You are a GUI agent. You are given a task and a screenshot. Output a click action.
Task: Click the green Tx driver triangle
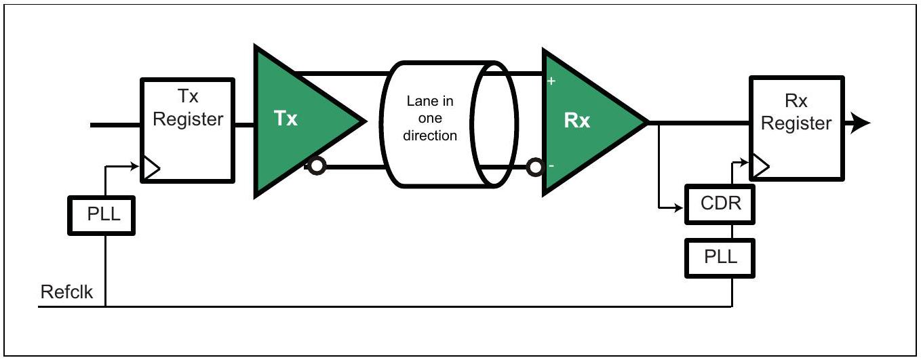pyautogui.click(x=296, y=121)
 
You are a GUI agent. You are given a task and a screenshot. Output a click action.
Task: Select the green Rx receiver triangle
pyautogui.click(x=584, y=122)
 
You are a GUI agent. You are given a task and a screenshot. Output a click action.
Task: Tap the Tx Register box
pyautogui.click(x=188, y=130)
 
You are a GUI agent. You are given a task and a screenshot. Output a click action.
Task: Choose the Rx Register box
pyautogui.click(x=797, y=128)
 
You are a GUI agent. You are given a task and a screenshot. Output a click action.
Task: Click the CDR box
pyautogui.click(x=720, y=204)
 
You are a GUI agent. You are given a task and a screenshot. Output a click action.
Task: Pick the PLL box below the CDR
pyautogui.click(x=720, y=258)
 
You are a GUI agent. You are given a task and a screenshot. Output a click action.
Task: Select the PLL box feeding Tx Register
pyautogui.click(x=102, y=216)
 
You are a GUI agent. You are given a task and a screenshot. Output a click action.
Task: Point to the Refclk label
pyautogui.click(x=66, y=292)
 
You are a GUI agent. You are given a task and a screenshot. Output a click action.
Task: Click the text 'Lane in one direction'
pyautogui.click(x=430, y=119)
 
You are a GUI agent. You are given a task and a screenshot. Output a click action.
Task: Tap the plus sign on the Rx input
pyautogui.click(x=551, y=81)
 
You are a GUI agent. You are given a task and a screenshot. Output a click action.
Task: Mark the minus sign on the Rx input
pyautogui.click(x=551, y=165)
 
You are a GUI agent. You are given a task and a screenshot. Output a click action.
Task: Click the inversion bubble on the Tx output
pyautogui.click(x=317, y=166)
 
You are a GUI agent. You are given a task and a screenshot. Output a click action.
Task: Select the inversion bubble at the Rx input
pyautogui.click(x=535, y=167)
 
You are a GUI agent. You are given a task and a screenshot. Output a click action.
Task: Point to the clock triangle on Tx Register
pyautogui.click(x=151, y=168)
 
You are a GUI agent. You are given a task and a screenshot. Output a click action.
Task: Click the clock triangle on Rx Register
pyautogui.click(x=760, y=166)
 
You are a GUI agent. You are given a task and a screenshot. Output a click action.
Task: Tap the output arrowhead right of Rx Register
pyautogui.click(x=860, y=123)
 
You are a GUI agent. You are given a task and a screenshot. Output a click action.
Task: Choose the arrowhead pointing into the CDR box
pyautogui.click(x=678, y=208)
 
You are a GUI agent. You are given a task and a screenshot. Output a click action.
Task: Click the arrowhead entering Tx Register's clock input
pyautogui.click(x=134, y=166)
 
